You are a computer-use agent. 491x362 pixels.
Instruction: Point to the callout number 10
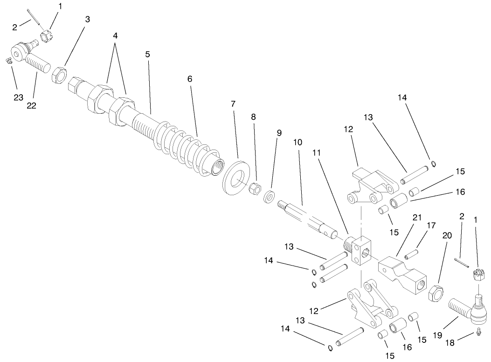297,141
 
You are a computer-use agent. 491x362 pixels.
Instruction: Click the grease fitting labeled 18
478,332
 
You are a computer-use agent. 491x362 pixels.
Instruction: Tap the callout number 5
147,54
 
